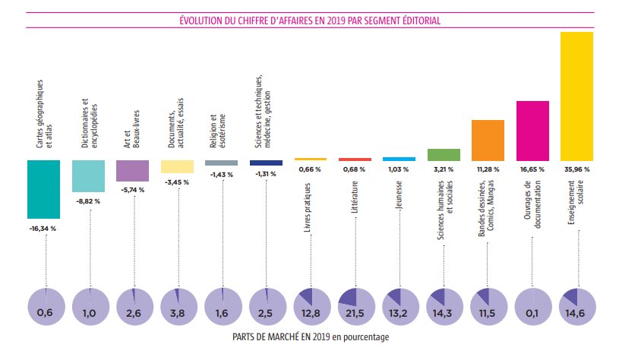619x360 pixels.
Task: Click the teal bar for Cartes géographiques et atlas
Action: click(44, 189)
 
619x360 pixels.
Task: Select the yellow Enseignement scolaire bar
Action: click(576, 96)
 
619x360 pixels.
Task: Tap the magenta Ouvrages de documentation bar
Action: click(532, 130)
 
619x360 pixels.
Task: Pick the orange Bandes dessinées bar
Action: click(488, 140)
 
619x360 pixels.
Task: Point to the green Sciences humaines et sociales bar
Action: click(444, 154)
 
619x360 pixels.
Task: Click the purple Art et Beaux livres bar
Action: click(133, 170)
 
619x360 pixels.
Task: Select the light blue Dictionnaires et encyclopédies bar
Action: click(88, 175)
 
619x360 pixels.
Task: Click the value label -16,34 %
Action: click(43, 227)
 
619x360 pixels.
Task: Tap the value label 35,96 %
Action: click(576, 169)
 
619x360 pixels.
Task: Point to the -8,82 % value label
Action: click(88, 201)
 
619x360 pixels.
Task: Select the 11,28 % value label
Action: click(488, 169)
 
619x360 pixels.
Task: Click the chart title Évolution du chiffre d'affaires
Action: click(309, 21)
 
